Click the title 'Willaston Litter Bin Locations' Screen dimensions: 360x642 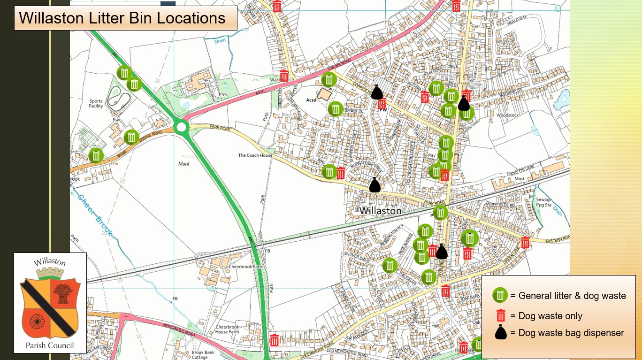click(x=122, y=18)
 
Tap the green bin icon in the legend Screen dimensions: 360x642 click(x=500, y=295)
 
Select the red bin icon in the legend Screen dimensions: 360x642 click(x=501, y=315)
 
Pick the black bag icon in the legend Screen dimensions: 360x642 click(x=501, y=332)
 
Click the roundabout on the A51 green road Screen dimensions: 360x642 click(x=181, y=126)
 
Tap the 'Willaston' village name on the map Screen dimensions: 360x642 click(x=380, y=211)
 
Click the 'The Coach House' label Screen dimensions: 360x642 click(x=255, y=155)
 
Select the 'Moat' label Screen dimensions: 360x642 click(x=184, y=164)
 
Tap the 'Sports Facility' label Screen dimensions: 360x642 click(x=96, y=104)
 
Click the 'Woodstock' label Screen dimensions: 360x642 click(x=507, y=115)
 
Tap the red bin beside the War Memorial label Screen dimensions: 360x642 click(x=284, y=76)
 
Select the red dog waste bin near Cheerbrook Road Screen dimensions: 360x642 click(x=275, y=340)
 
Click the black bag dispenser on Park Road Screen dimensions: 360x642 click(x=374, y=185)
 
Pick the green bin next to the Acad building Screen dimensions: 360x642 click(x=335, y=109)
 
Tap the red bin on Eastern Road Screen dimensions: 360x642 click(x=525, y=242)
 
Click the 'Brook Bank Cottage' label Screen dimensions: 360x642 click(x=203, y=355)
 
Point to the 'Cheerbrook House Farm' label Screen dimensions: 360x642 click(x=227, y=329)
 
